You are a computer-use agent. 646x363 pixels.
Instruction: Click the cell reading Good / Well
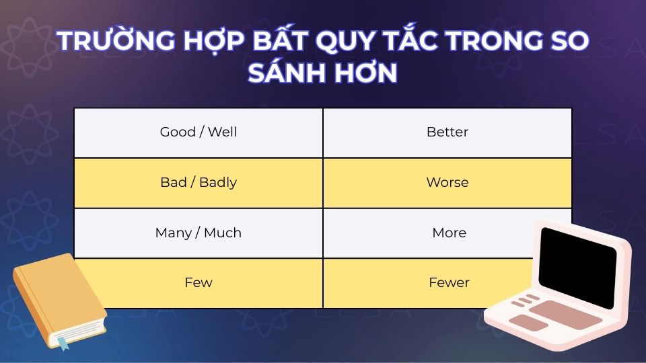point(199,132)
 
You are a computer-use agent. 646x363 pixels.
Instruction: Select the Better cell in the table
point(447,132)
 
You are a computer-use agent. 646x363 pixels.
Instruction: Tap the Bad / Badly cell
point(199,183)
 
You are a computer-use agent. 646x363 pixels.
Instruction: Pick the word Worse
point(447,183)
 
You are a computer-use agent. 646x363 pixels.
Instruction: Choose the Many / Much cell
point(199,233)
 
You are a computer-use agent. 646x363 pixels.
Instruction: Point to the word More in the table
point(449,233)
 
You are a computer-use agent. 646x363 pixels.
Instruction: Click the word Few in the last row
point(199,283)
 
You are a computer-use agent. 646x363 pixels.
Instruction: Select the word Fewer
point(449,283)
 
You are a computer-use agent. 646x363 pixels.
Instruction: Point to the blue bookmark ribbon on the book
point(63,342)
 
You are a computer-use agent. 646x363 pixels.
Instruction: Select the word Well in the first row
point(222,132)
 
